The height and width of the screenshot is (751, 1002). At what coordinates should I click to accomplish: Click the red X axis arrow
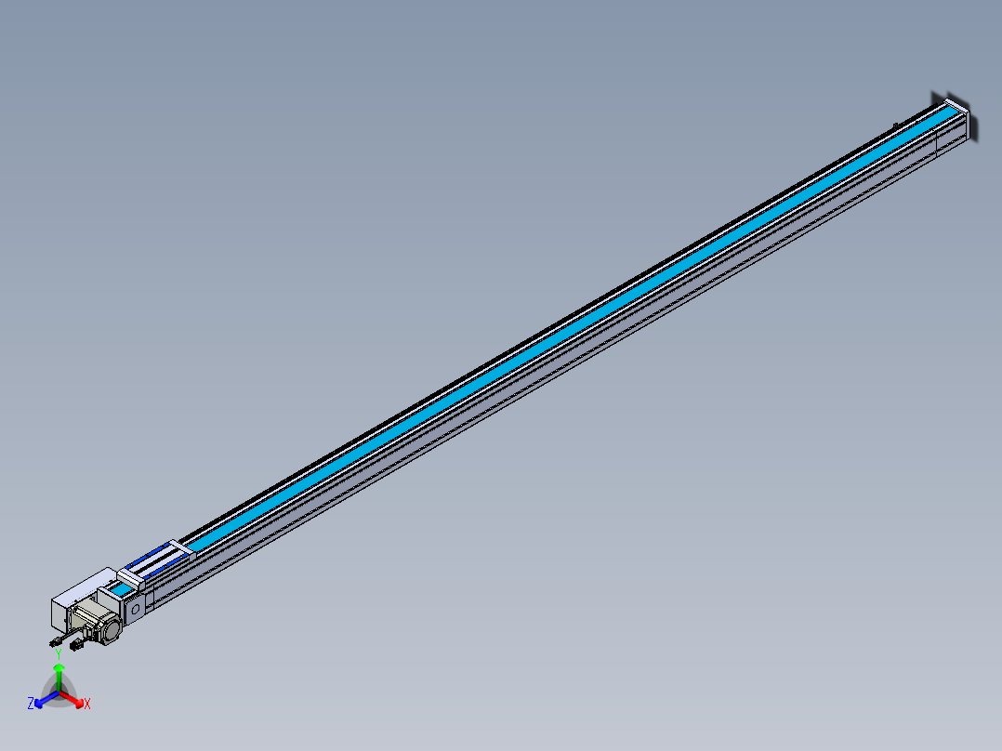coord(76,699)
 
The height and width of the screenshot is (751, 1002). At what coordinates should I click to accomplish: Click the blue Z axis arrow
coord(42,700)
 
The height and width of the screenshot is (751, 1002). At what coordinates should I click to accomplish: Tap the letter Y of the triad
coord(59,653)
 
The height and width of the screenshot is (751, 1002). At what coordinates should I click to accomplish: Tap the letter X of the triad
coord(87,705)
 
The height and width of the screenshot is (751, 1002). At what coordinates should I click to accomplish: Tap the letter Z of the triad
coord(31,704)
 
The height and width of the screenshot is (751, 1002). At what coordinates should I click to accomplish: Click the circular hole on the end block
coord(135,610)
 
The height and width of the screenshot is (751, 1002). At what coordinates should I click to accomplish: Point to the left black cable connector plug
coord(53,642)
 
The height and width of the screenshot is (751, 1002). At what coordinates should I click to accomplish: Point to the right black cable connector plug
coord(75,645)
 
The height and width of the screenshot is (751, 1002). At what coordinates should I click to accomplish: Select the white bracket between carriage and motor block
coord(129,577)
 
